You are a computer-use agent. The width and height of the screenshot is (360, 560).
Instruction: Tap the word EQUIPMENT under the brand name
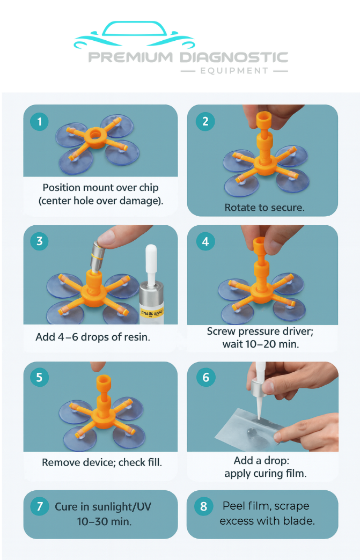pyautogui.click(x=234, y=71)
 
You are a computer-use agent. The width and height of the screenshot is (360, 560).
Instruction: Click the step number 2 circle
pyautogui.click(x=205, y=121)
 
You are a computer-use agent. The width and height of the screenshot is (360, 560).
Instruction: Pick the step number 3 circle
pyautogui.click(x=39, y=241)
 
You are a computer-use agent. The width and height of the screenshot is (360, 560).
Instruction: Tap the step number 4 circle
pyautogui.click(x=205, y=241)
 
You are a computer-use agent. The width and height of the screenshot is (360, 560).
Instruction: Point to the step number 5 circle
pyautogui.click(x=39, y=378)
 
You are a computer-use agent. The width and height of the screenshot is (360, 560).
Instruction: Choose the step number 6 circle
pyautogui.click(x=205, y=378)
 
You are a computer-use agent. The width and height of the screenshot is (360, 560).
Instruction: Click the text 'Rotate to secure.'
pyautogui.click(x=264, y=207)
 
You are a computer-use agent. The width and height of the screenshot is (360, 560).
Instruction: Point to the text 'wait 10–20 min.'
pyautogui.click(x=260, y=344)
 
